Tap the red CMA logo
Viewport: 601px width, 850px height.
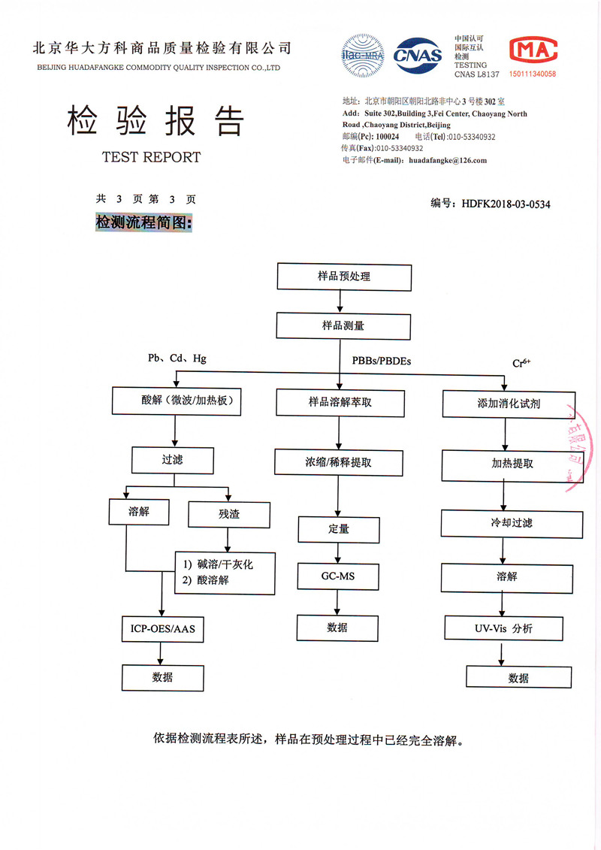coord(533,51)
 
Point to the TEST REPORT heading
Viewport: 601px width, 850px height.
coord(151,157)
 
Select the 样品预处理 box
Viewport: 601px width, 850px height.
coord(344,277)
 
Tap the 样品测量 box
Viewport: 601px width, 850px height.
coord(344,326)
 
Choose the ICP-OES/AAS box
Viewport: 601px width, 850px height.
coord(162,628)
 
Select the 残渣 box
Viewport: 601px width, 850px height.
coord(228,515)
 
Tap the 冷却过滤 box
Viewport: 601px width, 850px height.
coord(512,523)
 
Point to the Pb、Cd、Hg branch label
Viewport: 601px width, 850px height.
coord(177,358)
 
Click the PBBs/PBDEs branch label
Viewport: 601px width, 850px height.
coord(382,361)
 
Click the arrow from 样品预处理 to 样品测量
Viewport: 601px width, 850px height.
coord(341,301)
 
